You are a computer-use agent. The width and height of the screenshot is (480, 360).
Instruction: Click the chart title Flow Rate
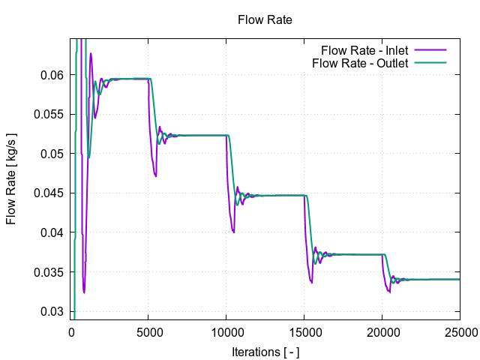[x=265, y=19]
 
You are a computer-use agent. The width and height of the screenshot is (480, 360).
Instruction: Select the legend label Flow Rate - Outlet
[x=360, y=63]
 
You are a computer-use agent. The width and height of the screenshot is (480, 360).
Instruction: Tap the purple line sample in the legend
[x=430, y=50]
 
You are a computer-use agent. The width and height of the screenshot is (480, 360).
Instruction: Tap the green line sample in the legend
[x=430, y=63]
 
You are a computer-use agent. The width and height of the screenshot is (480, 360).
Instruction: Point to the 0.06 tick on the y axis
[x=53, y=75]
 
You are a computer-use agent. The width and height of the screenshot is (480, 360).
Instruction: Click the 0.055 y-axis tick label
[x=50, y=115]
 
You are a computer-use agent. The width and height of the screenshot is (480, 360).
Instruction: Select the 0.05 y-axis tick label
[x=53, y=154]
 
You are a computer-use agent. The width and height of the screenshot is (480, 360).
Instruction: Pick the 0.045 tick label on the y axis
[x=50, y=193]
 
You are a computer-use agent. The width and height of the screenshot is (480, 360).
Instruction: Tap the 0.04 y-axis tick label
[x=53, y=232]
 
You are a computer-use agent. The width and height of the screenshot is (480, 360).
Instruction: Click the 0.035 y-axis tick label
[x=50, y=272]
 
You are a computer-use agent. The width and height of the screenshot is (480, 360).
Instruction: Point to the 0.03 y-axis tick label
[x=53, y=311]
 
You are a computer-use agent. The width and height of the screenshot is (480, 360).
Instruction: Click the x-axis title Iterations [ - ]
[x=265, y=350]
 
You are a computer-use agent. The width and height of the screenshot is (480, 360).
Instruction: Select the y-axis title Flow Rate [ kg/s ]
[x=11, y=178]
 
